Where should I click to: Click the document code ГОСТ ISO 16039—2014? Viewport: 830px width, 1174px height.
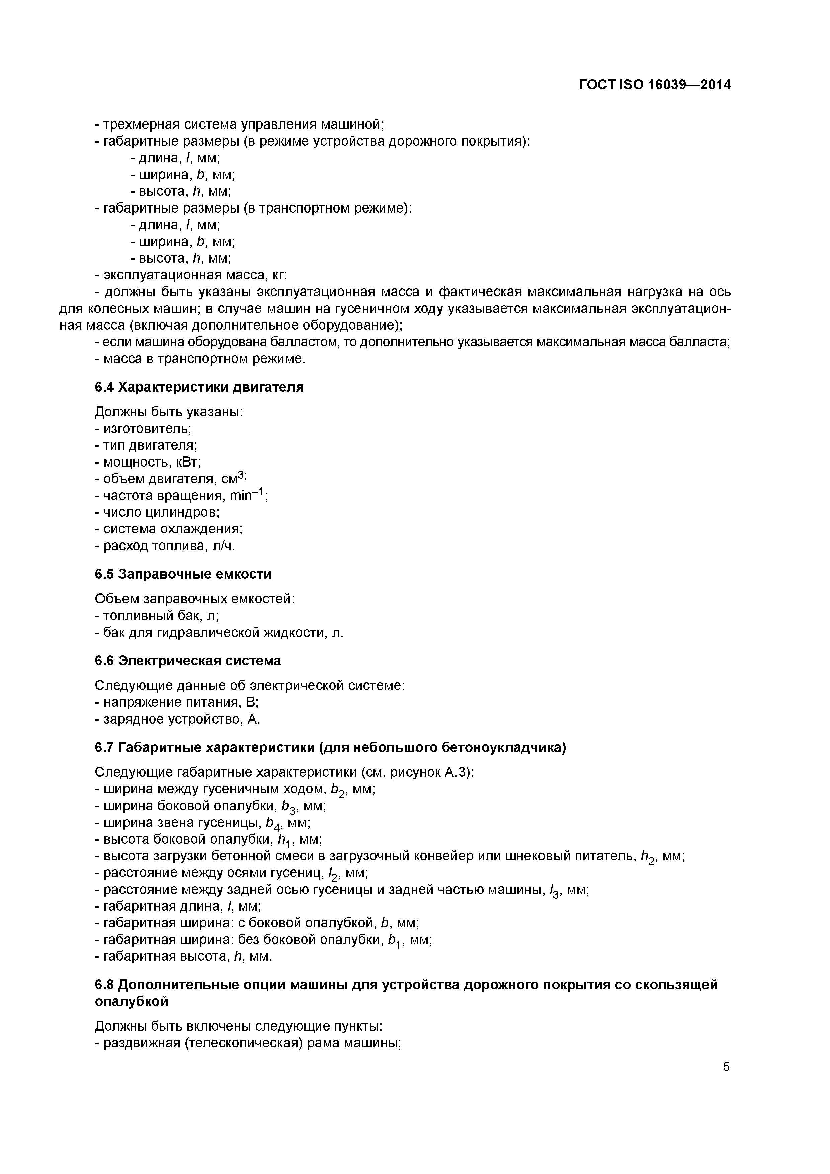pos(655,85)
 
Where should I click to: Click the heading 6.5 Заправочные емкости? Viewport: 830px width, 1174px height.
pos(183,574)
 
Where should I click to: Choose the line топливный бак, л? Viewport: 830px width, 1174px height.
pos(157,616)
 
